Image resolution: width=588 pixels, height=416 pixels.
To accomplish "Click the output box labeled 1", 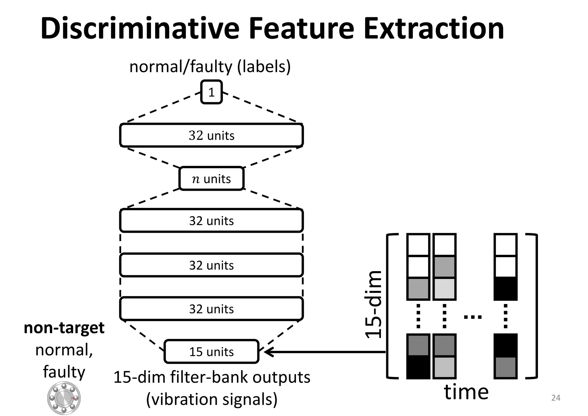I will pyautogui.click(x=211, y=92).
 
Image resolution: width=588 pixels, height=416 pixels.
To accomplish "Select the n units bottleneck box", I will pyautogui.click(x=211, y=178).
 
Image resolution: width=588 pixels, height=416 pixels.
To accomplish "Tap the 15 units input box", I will pyautogui.click(x=211, y=351).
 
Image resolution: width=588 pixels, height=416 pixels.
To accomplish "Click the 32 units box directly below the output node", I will pyautogui.click(x=211, y=135).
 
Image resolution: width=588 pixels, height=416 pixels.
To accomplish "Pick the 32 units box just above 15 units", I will pyautogui.click(x=211, y=309).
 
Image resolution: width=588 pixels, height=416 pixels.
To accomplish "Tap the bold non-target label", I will pyautogui.click(x=64, y=328).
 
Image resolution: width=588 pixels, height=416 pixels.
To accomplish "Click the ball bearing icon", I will pyautogui.click(x=64, y=398).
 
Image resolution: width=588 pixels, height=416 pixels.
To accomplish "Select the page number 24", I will pyautogui.click(x=556, y=398).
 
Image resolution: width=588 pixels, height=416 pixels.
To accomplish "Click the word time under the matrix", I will pyautogui.click(x=466, y=392).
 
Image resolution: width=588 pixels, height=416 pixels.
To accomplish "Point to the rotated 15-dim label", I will pyautogui.click(x=374, y=305).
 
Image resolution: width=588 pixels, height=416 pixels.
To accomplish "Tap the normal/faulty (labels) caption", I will pyautogui.click(x=210, y=67).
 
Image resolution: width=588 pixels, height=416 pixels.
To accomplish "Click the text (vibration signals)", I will pyautogui.click(x=212, y=399).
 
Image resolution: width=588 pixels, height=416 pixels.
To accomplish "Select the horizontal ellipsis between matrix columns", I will pyautogui.click(x=473, y=317).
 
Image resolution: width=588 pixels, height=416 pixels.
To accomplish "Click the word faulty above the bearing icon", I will pyautogui.click(x=64, y=372).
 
